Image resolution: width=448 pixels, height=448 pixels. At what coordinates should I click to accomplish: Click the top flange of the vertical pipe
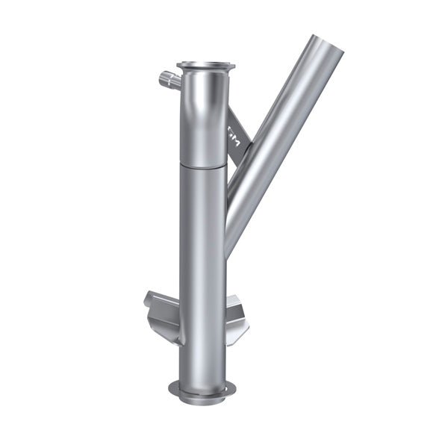[205, 66]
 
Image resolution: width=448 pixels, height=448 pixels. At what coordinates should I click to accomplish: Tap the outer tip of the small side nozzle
[161, 75]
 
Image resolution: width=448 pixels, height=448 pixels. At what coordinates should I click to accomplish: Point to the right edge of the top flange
[232, 66]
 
